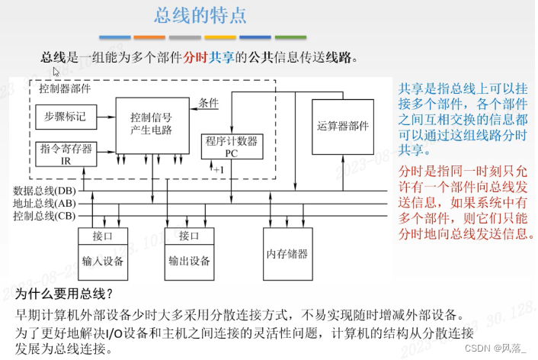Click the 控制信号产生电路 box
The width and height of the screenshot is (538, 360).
coord(151,124)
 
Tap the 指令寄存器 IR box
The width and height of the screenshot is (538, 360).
coord(66,154)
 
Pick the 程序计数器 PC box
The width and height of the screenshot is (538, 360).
coord(232,146)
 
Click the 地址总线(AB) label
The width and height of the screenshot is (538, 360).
coord(44,203)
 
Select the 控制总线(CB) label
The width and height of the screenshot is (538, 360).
coord(44,216)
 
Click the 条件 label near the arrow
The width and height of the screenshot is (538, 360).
coord(209,103)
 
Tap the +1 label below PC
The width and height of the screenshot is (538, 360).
coord(219,169)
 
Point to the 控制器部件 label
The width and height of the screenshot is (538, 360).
coord(65,88)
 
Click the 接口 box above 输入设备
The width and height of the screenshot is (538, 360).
coord(102,236)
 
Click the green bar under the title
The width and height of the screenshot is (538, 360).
coord(290,37)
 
